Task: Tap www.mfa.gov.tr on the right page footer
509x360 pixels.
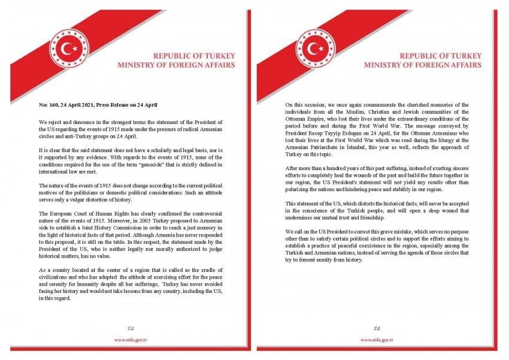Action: pos(377,340)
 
